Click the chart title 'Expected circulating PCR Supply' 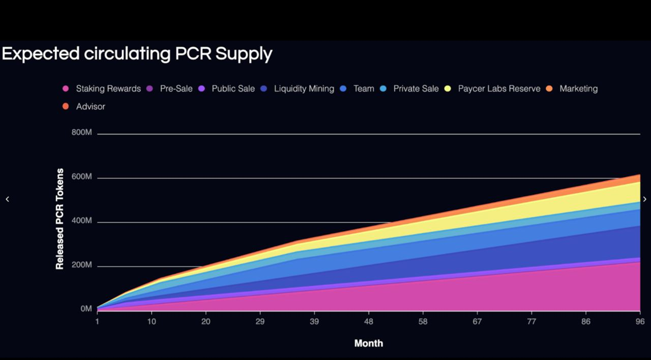click(137, 53)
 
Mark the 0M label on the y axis click(86, 309)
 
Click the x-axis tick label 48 click(369, 321)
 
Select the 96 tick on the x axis click(640, 321)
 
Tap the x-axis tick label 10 click(152, 321)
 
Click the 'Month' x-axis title click(369, 343)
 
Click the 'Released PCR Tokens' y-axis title click(60, 219)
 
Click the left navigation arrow click(7, 199)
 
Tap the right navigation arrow click(644, 199)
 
